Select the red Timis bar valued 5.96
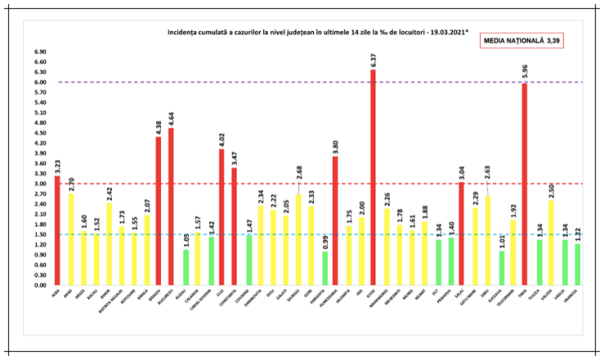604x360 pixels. tap(523, 184)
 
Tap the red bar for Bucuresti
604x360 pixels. tap(171, 206)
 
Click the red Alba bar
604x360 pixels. tap(57, 230)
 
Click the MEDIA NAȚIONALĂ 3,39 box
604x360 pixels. tap(526, 39)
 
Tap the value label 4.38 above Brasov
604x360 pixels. tap(159, 127)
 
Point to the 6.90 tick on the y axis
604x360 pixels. tap(38, 52)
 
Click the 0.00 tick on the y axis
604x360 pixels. tap(38, 285)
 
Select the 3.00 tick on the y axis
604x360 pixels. tap(38, 184)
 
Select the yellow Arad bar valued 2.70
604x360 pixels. tap(70, 239)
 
